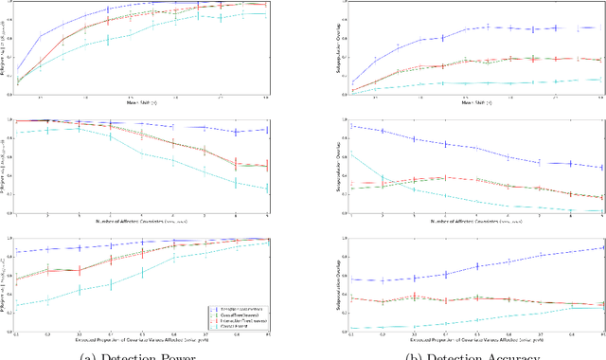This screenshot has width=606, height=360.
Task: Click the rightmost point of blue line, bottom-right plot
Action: click(x=601, y=248)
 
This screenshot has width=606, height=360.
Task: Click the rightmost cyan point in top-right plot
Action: click(x=601, y=80)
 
